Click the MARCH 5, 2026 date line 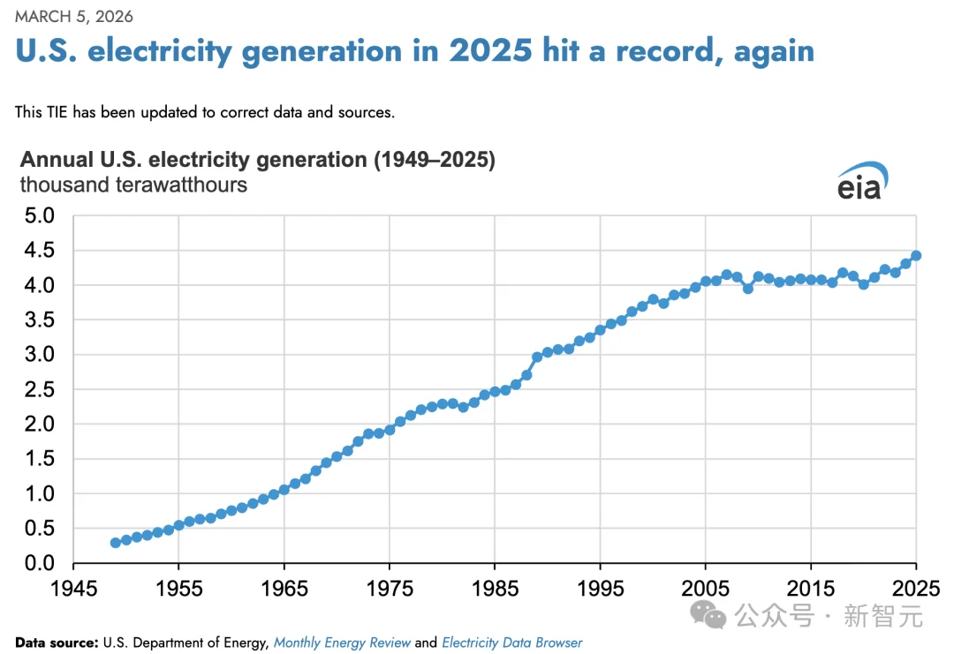click(74, 16)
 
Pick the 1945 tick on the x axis click(73, 589)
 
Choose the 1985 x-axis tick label click(495, 589)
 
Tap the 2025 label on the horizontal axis click(916, 589)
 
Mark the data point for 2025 click(916, 256)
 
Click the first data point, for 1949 click(116, 543)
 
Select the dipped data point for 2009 click(747, 289)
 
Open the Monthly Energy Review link click(342, 643)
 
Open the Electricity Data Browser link click(511, 643)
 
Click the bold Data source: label click(57, 643)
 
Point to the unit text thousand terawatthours click(133, 184)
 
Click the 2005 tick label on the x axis click(705, 589)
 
